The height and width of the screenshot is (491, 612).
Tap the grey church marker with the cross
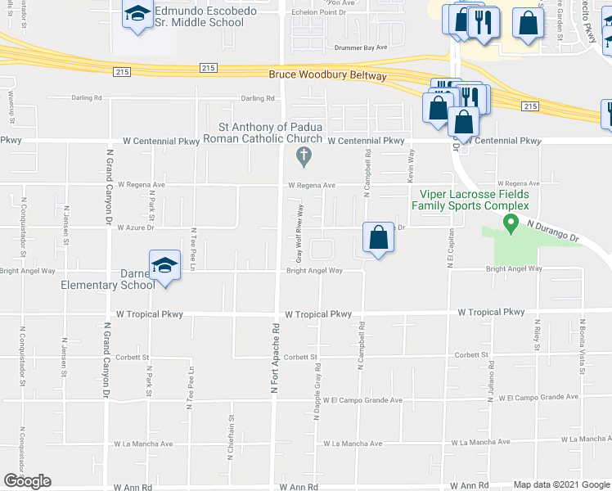304,155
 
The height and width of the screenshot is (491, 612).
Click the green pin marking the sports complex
512,222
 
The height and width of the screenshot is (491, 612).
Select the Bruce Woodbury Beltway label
328,75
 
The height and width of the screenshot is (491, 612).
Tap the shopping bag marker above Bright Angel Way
377,239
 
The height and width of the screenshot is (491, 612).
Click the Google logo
27,480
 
